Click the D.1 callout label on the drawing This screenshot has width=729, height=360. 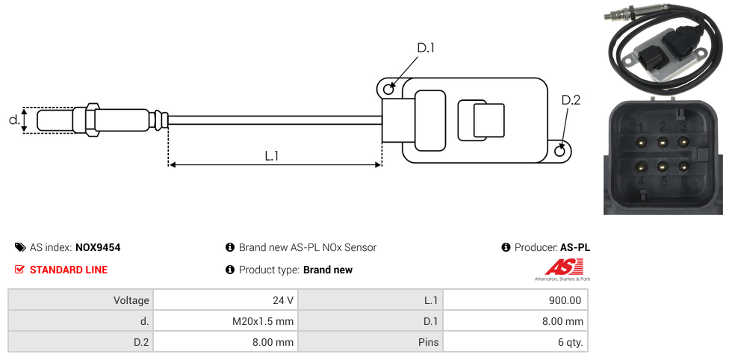[x=426, y=49]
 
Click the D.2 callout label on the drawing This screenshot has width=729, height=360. [x=571, y=101]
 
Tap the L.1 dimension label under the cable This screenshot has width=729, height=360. [x=272, y=156]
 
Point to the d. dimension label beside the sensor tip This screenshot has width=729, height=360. [x=13, y=120]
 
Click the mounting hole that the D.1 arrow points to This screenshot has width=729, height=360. [x=388, y=90]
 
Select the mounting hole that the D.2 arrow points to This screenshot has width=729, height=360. [x=560, y=151]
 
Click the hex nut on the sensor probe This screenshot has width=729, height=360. [x=93, y=120]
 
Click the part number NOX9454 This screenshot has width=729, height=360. [x=98, y=247]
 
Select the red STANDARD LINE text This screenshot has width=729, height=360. [x=69, y=270]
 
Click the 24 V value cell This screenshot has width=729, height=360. [x=225, y=300]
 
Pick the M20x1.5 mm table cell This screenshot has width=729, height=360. [x=225, y=321]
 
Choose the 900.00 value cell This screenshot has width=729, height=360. [x=515, y=300]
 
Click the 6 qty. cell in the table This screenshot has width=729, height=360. [x=515, y=343]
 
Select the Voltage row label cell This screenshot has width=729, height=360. [x=81, y=300]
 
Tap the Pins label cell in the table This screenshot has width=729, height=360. [x=370, y=343]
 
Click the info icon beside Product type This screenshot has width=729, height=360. [x=230, y=270]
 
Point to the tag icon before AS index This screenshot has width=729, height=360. [x=20, y=247]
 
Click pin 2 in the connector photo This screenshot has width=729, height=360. [x=662, y=141]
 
